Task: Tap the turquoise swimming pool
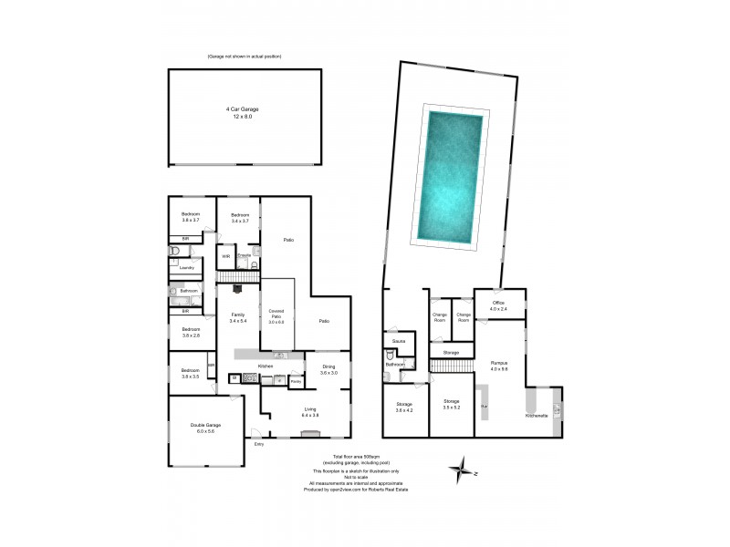(x=449, y=173)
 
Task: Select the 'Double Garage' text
(x=205, y=426)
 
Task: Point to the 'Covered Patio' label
(x=276, y=313)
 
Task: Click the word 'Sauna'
(x=399, y=341)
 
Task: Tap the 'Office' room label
(x=498, y=303)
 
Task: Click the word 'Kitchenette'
(x=537, y=416)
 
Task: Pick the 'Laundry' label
(x=186, y=267)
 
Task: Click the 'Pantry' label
(x=296, y=380)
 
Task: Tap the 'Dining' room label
(x=328, y=367)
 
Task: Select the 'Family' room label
(x=237, y=315)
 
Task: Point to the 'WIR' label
(x=226, y=257)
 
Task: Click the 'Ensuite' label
(x=245, y=254)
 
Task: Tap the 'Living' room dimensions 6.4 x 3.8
(x=310, y=415)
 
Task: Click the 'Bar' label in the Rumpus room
(x=485, y=406)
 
